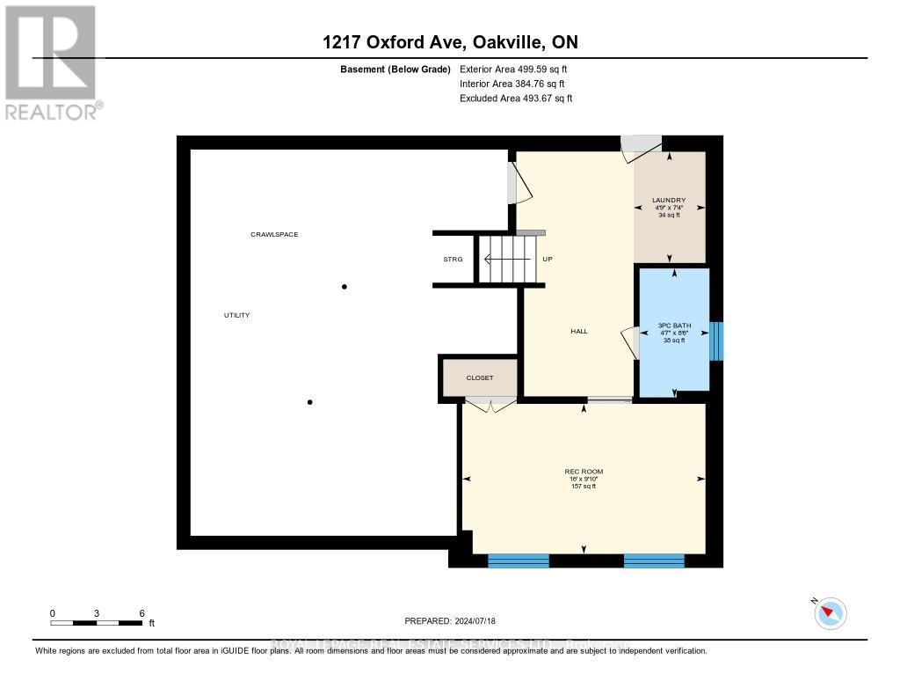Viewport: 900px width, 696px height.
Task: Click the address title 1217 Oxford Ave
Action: (449, 42)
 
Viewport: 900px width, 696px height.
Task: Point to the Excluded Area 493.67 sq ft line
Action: (516, 99)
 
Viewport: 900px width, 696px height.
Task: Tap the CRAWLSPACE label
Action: (274, 235)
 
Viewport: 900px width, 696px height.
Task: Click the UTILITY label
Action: (237, 315)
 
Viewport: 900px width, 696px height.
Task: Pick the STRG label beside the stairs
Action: (453, 260)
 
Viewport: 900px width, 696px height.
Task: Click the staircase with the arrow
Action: (505, 260)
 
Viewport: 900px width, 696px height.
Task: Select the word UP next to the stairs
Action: (548, 260)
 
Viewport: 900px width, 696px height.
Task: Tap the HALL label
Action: (578, 332)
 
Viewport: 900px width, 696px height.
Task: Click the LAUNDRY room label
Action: (670, 201)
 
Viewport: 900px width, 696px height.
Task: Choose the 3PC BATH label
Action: (675, 326)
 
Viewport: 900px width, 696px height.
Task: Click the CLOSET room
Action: (479, 377)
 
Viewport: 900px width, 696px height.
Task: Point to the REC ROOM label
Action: (584, 472)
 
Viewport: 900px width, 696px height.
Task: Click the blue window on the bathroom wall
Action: (716, 341)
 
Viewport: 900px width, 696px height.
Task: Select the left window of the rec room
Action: (519, 560)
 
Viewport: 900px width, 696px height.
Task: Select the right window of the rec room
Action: (654, 560)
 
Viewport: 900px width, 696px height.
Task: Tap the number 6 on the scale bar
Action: (142, 613)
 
